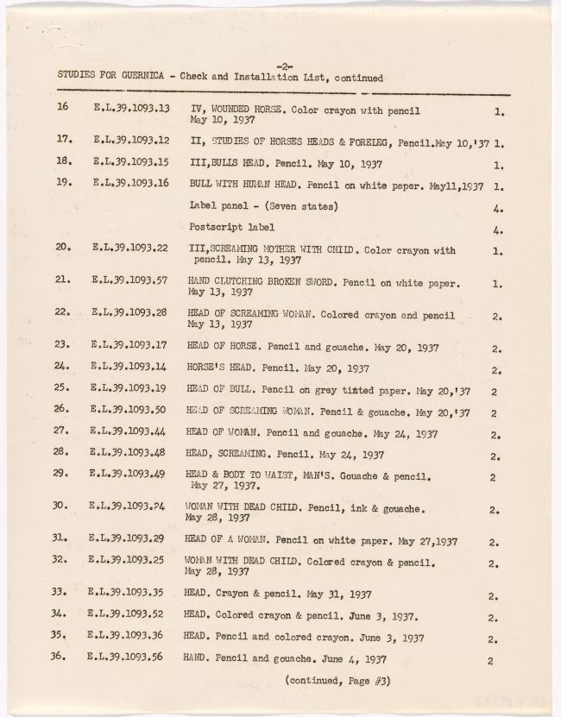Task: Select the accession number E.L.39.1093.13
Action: (130, 110)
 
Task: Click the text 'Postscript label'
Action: (231, 227)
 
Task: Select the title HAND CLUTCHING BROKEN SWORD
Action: (261, 282)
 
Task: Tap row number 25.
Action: (61, 390)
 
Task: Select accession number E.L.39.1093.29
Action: (128, 539)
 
